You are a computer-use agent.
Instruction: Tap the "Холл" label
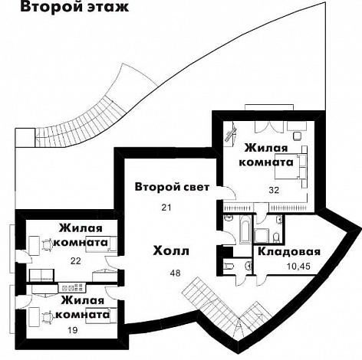point(171,251)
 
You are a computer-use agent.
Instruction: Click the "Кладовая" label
point(288,252)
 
